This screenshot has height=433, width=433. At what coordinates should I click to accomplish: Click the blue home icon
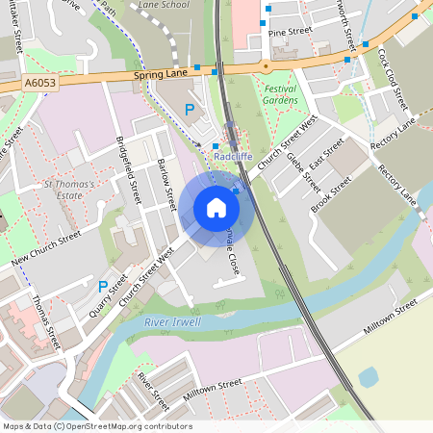click(x=216, y=207)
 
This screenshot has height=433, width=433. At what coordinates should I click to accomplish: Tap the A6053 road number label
click(x=40, y=85)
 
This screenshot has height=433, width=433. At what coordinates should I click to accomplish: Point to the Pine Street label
click(x=291, y=32)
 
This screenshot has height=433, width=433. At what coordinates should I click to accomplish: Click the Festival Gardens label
click(x=281, y=94)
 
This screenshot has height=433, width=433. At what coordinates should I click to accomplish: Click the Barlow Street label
click(x=166, y=185)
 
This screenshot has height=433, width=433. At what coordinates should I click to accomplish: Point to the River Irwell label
click(x=172, y=322)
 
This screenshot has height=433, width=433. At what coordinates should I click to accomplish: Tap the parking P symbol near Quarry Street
click(x=102, y=286)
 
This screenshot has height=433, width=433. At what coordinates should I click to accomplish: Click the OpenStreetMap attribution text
click(x=96, y=425)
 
